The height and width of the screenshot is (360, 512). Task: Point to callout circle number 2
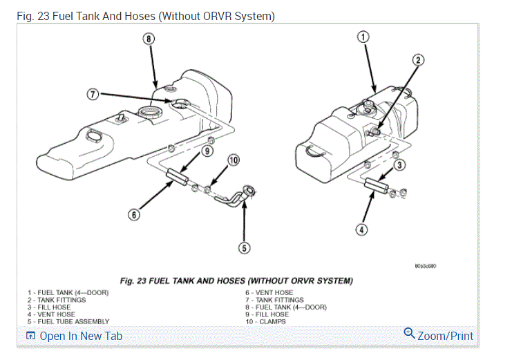[x=417, y=60]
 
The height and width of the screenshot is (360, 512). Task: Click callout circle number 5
[x=245, y=247]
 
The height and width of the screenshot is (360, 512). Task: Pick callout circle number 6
[x=135, y=214]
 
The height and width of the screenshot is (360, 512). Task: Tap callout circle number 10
[x=234, y=160]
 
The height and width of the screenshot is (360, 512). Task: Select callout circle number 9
[x=207, y=151]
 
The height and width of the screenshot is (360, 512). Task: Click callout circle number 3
[x=399, y=164]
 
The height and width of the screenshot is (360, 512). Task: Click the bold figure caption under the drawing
[x=236, y=281]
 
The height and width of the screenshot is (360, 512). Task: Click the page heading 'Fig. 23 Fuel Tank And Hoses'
[x=146, y=16]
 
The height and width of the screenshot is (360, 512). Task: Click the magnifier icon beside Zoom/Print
[x=409, y=334]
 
